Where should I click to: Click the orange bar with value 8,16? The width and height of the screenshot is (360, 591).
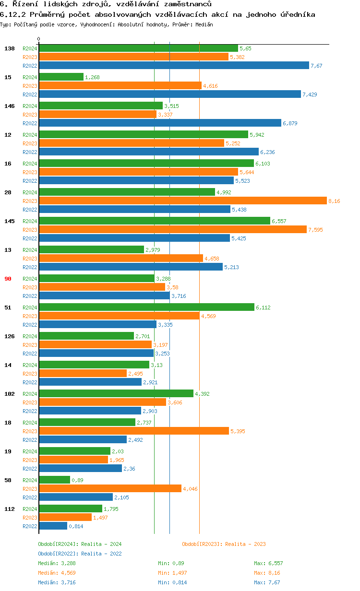coord(182,201)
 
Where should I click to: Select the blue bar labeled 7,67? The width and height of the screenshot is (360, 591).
coord(174,66)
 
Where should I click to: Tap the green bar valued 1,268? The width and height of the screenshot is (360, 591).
coord(61,77)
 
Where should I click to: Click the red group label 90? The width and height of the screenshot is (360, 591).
coord(8,279)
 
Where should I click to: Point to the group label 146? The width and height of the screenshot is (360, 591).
coord(9,106)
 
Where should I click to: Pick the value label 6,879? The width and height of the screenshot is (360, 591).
coord(290,123)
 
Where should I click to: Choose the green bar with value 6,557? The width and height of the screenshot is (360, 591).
coord(155,221)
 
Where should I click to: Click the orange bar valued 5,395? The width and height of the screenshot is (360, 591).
coord(134,431)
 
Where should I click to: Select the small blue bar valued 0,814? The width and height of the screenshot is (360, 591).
coord(53,526)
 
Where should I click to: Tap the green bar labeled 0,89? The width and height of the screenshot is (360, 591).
coord(54,480)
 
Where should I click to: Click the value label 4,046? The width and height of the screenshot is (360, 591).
coord(190,489)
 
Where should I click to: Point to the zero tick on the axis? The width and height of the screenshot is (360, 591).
coord(39,39)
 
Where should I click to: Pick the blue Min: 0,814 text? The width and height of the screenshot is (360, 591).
coord(172,582)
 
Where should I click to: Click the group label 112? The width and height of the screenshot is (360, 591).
coord(9,509)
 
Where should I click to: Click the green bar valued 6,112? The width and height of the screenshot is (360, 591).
coord(146,307)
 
